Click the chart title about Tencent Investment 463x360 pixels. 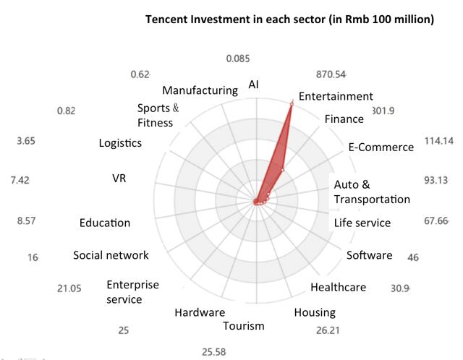[289, 19]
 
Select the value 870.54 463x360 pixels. [331, 74]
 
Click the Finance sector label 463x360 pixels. [344, 119]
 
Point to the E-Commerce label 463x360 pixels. [381, 147]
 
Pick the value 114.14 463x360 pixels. [438, 140]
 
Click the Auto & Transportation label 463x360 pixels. [371, 192]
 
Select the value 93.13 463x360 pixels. [438, 180]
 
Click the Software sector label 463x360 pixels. [369, 255]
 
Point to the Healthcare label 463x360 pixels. [338, 287]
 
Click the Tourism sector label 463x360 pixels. [243, 325]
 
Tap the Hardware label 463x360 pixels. [199, 312]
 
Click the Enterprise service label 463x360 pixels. [132, 291]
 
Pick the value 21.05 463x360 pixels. [69, 288]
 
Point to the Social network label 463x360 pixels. [111, 255]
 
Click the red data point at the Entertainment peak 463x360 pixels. [292, 105]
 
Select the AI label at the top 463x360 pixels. [253, 85]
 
